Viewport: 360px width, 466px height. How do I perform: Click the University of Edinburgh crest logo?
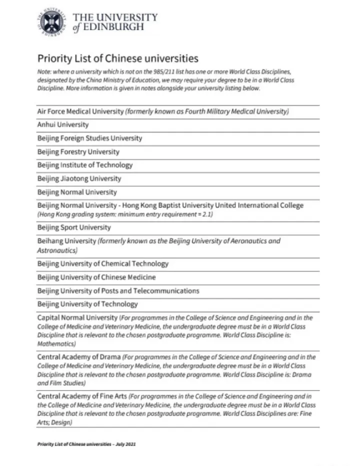tap(52, 23)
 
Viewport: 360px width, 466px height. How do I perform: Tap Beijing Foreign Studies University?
tap(89, 138)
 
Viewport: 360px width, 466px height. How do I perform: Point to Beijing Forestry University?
tap(78, 151)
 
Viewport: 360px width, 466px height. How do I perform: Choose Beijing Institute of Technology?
tap(85, 165)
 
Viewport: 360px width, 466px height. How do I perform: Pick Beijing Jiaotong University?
tap(79, 178)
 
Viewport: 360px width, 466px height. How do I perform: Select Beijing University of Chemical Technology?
tap(103, 263)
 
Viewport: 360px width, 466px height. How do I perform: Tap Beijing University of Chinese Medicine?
tap(96, 277)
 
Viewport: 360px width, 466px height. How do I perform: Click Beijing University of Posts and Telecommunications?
tap(118, 290)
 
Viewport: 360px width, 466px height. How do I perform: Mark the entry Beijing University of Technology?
tap(87, 304)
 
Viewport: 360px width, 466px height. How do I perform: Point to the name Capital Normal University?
tap(76, 317)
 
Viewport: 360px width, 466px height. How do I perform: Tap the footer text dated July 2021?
tap(86, 444)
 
